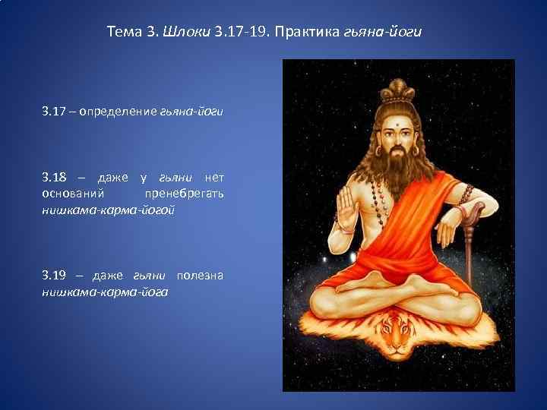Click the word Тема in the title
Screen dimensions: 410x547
click(125, 33)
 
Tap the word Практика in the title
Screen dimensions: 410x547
click(309, 33)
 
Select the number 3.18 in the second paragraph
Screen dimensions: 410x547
click(55, 178)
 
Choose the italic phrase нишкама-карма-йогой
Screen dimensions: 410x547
click(107, 208)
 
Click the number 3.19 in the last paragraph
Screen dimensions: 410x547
click(55, 275)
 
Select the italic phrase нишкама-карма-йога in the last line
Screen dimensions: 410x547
click(105, 290)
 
